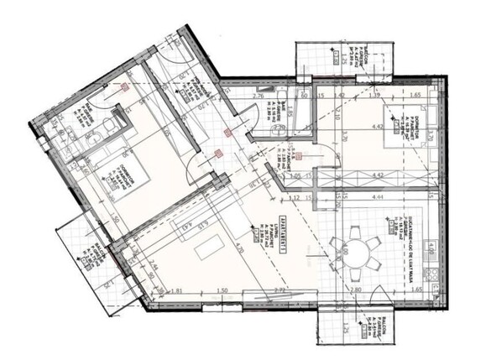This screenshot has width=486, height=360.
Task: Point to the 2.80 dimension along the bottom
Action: click(356, 290)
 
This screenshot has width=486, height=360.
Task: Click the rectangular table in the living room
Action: click(207, 248)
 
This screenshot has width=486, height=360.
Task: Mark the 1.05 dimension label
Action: click(295, 176)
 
